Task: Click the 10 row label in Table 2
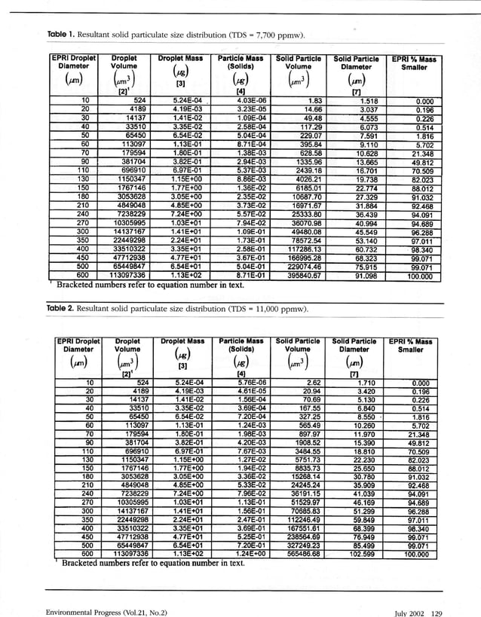point(86,383)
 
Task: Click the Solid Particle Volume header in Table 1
point(299,62)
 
